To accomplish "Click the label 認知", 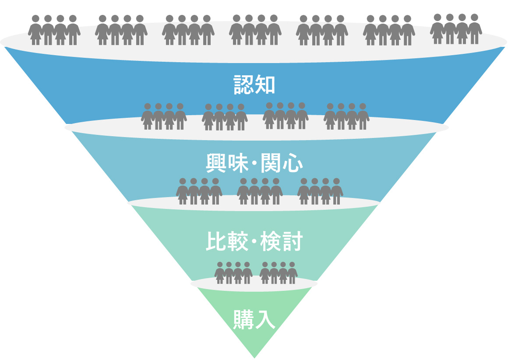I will click(x=254, y=85).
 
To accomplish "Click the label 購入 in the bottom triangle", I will click(x=254, y=320).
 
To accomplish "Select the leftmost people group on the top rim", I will click(x=54, y=30).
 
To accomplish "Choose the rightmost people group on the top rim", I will click(x=456, y=29).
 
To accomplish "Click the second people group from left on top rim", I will click(x=121, y=30).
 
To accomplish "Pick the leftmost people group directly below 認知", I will click(x=164, y=116).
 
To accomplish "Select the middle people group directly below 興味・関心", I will click(x=260, y=191).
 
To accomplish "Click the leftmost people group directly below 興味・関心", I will click(x=199, y=191).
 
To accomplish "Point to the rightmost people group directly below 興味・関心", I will click(x=320, y=191).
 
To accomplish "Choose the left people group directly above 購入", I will click(x=233, y=273).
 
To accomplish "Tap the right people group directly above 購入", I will click(x=279, y=273).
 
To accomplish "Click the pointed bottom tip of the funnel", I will click(x=254, y=356).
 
